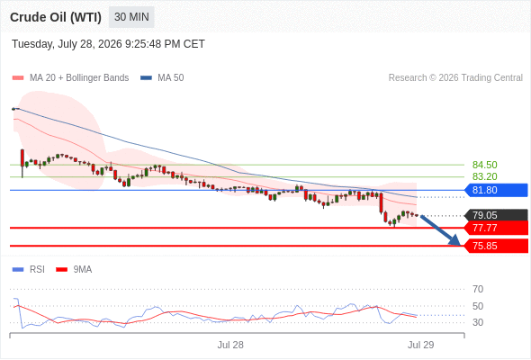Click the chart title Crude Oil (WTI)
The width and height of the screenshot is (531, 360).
tap(56, 17)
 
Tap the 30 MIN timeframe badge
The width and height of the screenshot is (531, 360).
tap(131, 17)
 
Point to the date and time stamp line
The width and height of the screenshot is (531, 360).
tap(108, 44)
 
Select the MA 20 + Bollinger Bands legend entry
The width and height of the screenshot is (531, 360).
tap(70, 78)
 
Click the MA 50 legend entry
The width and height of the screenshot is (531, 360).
tap(162, 78)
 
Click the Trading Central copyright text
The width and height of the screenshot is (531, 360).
tap(455, 78)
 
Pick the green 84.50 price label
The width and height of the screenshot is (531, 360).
tap(484, 165)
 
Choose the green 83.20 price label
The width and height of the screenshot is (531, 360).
tap(484, 176)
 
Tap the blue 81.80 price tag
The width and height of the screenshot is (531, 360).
tap(496, 190)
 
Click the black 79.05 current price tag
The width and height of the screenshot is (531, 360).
tap(496, 215)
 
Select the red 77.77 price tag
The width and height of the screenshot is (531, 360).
tap(496, 228)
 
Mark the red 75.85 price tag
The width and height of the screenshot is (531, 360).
tap(496, 246)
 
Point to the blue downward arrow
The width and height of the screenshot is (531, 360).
tap(440, 230)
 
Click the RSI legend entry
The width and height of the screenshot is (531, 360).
tap(29, 270)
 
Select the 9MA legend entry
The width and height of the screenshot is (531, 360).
tap(74, 270)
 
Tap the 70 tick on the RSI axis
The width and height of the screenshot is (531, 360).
tap(478, 289)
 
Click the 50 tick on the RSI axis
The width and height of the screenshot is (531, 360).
tap(478, 306)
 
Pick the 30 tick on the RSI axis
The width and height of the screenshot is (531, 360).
tap(478, 322)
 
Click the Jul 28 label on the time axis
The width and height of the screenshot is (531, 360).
tap(230, 345)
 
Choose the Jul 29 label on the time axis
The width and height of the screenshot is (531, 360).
tap(421, 345)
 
